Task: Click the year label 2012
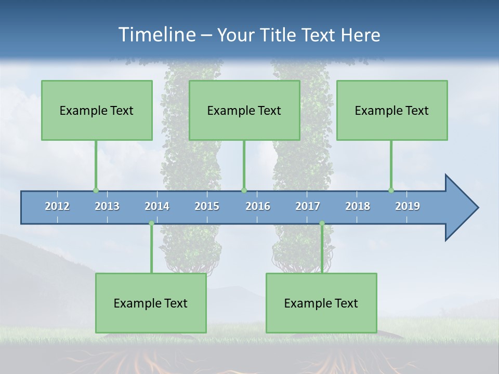(57, 206)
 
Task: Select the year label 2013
(107, 206)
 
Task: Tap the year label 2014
(157, 206)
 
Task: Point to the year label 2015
(207, 206)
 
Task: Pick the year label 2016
(258, 206)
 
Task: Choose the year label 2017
(308, 206)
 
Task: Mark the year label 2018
(358, 206)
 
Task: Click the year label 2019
(408, 206)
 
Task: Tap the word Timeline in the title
(156, 35)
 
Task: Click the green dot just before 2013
(96, 190)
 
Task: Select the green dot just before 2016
(244, 190)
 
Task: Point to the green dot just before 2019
(391, 190)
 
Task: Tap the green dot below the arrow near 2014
(151, 223)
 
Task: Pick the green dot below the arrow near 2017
(322, 223)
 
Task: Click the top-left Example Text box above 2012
(97, 110)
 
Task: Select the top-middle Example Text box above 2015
(244, 110)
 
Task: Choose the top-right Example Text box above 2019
(392, 110)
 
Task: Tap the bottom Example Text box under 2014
(151, 303)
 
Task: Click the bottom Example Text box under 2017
(321, 303)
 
